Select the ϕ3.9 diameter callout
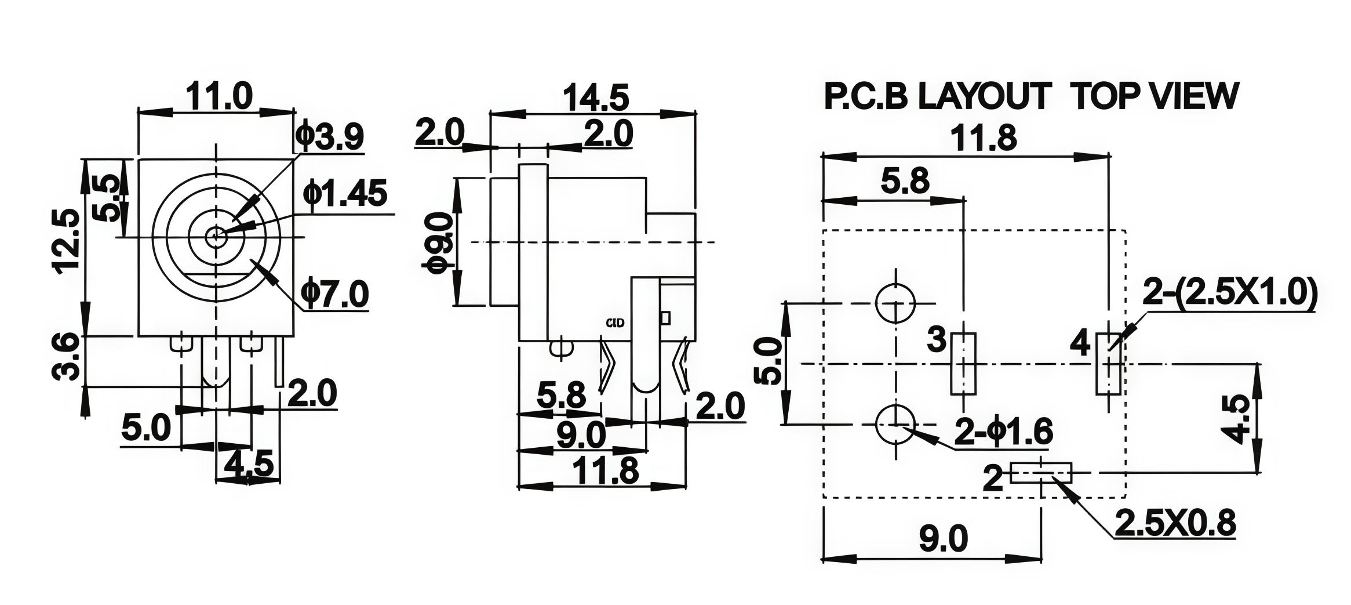coord(329,136)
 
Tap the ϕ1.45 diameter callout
coord(345,193)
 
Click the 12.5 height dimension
coord(65,238)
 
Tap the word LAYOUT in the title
coord(984,96)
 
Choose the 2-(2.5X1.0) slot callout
coord(1229,294)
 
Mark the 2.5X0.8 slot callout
coord(1176,523)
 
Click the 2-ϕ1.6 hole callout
coord(1003,432)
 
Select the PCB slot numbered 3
coord(963,364)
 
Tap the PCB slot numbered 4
coord(1108,364)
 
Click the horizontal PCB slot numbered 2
coord(1041,473)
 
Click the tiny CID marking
coord(615,323)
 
